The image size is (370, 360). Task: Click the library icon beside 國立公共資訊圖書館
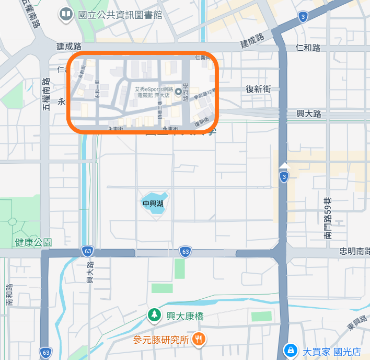pyautogui.click(x=66, y=14)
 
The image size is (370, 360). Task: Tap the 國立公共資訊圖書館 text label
pyautogui.click(x=120, y=15)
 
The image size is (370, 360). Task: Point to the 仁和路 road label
pyautogui.click(x=308, y=48)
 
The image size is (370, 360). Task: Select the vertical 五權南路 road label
pyautogui.click(x=46, y=94)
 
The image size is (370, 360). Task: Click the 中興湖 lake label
pyautogui.click(x=153, y=203)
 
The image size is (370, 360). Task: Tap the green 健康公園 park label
pyautogui.click(x=33, y=242)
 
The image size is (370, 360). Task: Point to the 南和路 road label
pyautogui.click(x=9, y=295)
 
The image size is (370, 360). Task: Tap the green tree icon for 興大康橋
pyautogui.click(x=154, y=314)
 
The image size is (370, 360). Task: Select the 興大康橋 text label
pyautogui.click(x=184, y=316)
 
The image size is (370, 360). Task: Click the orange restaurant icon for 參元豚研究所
pyautogui.click(x=198, y=339)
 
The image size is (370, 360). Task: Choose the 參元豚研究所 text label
pyautogui.click(x=160, y=340)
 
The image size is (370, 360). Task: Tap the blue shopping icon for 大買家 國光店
pyautogui.click(x=288, y=350)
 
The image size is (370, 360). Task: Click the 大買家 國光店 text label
pyautogui.click(x=332, y=352)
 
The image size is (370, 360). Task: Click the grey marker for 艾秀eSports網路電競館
pyautogui.click(x=178, y=93)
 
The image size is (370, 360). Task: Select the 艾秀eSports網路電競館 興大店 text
pyautogui.click(x=153, y=93)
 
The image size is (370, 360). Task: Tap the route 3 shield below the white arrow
pyautogui.click(x=284, y=178)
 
